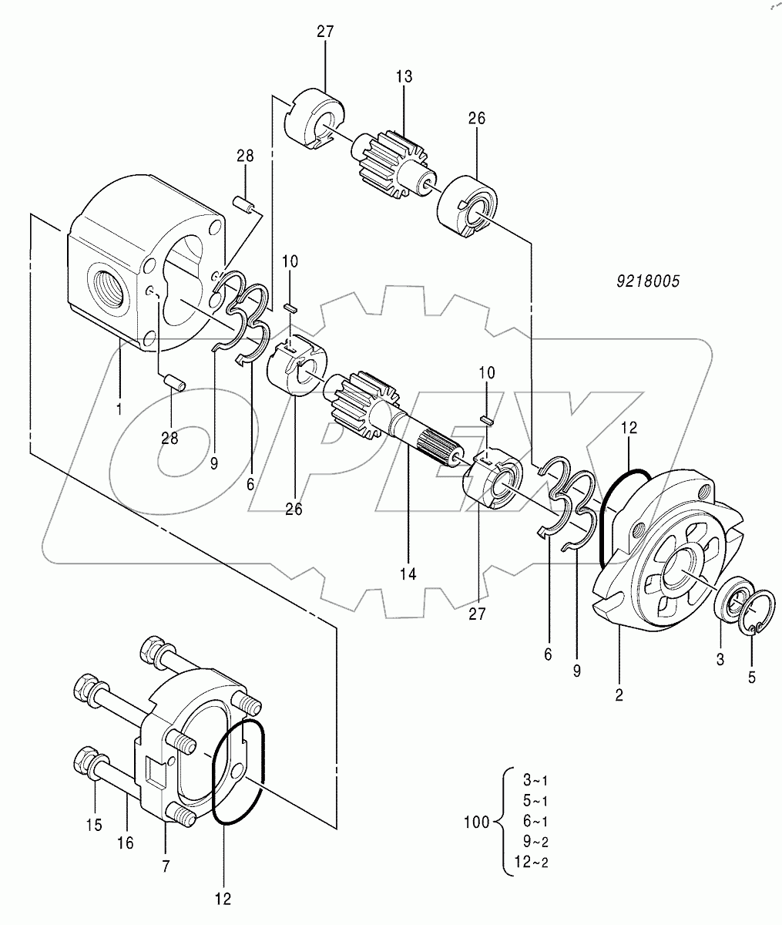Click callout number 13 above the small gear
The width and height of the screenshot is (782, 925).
[404, 76]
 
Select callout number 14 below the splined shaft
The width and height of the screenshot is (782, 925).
[408, 573]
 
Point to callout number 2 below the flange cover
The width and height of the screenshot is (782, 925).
[619, 695]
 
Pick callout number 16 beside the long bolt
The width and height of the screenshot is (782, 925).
[125, 843]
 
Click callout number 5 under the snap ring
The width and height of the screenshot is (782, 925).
[752, 678]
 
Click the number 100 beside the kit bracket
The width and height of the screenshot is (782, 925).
[477, 822]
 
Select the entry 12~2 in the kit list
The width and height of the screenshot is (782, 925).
[533, 861]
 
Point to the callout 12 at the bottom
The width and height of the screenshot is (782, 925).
[222, 898]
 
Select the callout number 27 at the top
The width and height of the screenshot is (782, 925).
[324, 32]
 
